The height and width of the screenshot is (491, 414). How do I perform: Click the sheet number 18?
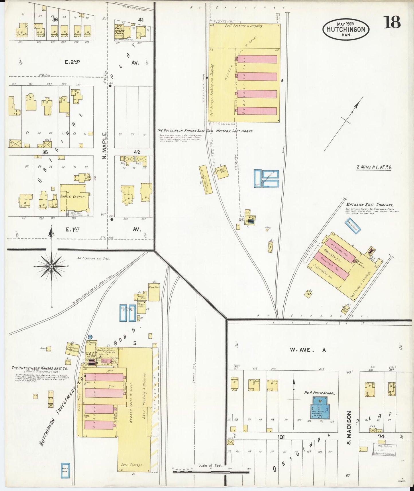(392, 22)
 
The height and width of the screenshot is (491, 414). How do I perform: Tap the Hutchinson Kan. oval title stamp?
(346, 29)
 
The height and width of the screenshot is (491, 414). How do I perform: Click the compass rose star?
(51, 266)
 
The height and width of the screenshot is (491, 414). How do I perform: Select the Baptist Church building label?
(73, 197)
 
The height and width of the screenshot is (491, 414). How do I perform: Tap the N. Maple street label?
(105, 146)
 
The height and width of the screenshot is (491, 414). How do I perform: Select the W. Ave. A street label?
(308, 350)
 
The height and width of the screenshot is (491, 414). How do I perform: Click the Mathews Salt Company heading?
(369, 205)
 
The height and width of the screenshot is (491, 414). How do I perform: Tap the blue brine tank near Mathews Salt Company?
(352, 226)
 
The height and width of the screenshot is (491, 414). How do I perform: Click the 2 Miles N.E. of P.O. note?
(374, 167)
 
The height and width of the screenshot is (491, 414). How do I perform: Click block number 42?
(137, 152)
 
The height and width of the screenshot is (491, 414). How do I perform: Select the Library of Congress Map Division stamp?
(384, 450)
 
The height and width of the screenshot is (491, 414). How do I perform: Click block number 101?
(281, 437)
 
